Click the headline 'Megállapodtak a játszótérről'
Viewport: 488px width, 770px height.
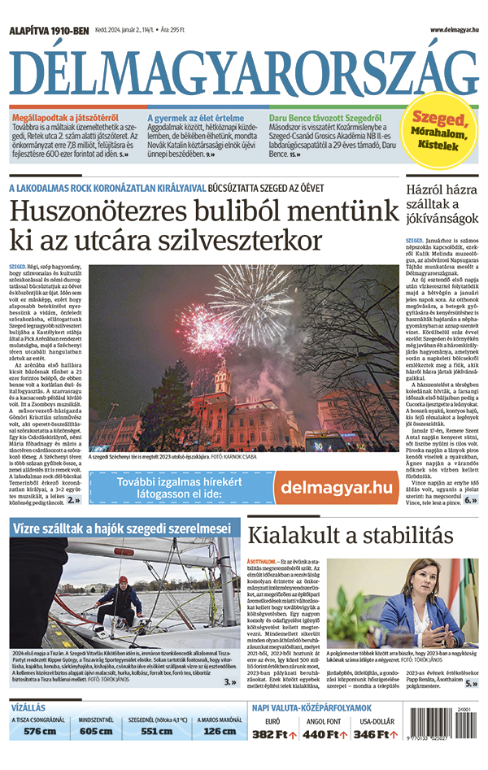tap(63, 118)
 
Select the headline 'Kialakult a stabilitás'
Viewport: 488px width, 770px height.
tap(350, 536)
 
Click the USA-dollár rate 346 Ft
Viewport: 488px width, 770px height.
tap(375, 734)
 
